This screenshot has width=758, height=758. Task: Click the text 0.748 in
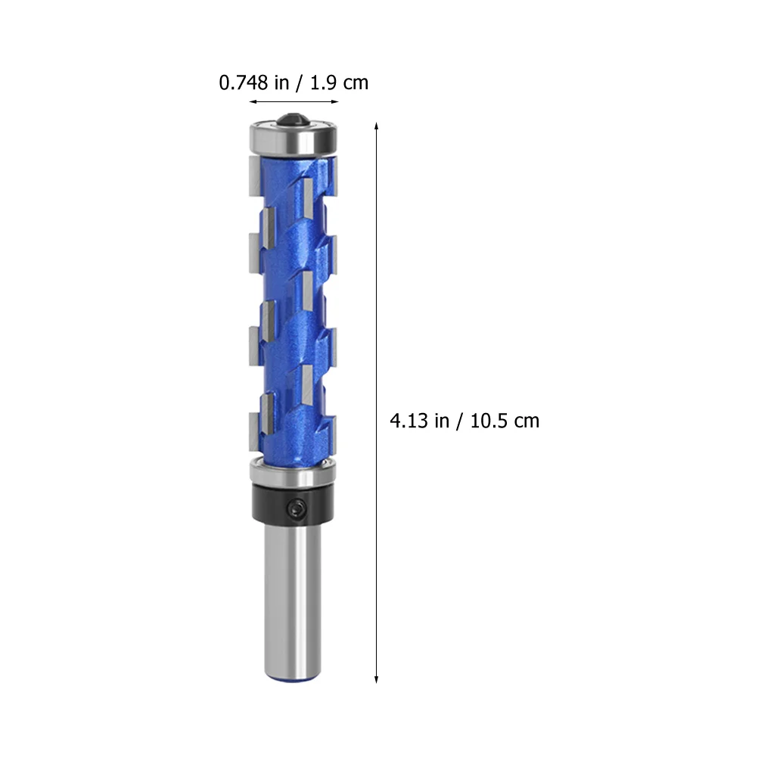pyautogui.click(x=254, y=82)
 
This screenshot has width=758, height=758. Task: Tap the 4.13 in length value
pyautogui.click(x=419, y=421)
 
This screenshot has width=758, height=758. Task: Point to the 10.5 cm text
pyautogui.click(x=505, y=421)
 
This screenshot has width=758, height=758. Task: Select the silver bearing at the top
pyautogui.click(x=294, y=138)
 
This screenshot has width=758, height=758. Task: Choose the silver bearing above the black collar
pyautogui.click(x=293, y=474)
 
